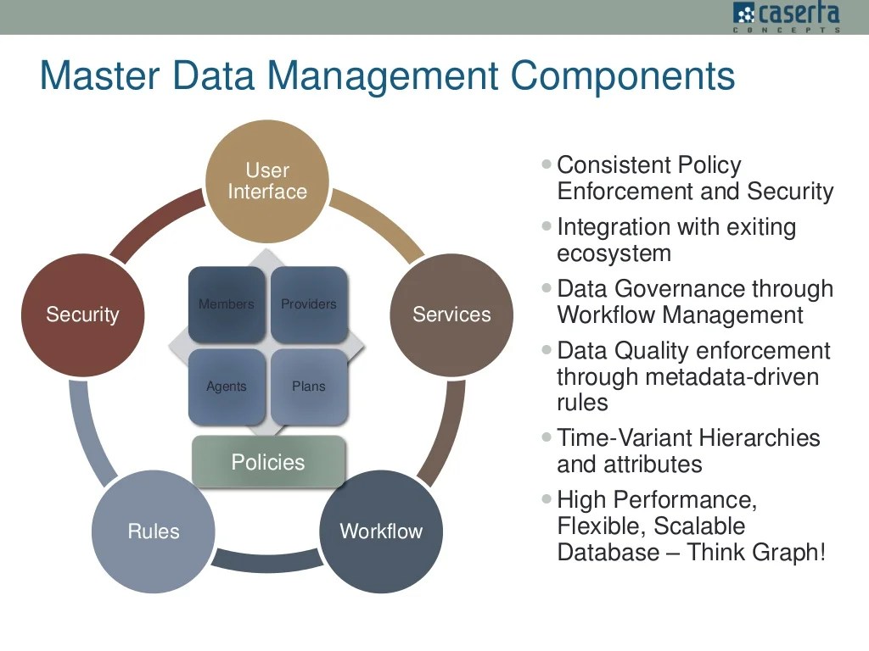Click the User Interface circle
tap(267, 181)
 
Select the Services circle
tap(451, 314)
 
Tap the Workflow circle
tap(381, 531)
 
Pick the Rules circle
tap(154, 531)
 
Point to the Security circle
tap(82, 314)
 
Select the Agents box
tap(226, 387)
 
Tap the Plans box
tap(309, 387)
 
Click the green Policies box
tap(268, 462)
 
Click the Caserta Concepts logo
tap(786, 16)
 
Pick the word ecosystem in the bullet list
tap(614, 253)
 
